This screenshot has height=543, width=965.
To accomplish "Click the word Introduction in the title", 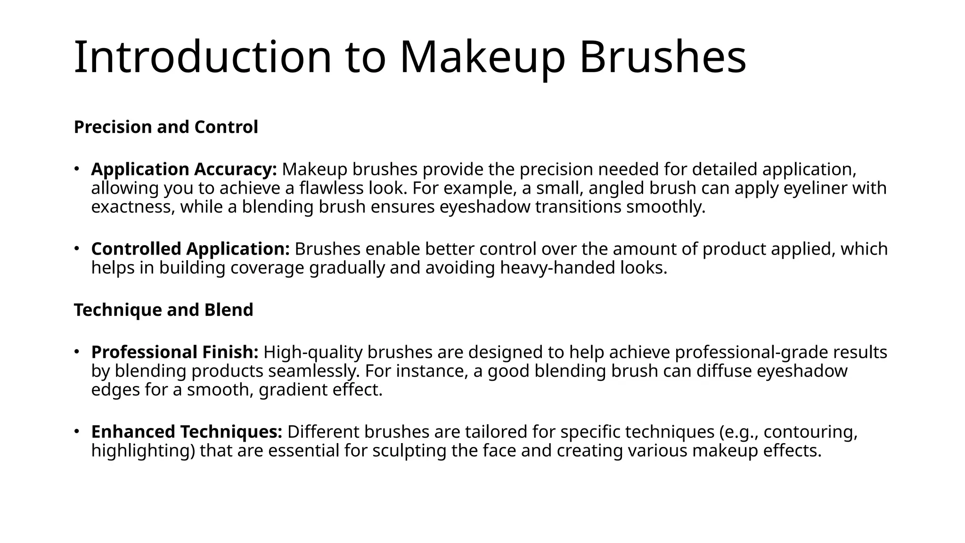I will pyautogui.click(x=203, y=57).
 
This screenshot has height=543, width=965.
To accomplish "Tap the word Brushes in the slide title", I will pyautogui.click(x=662, y=57).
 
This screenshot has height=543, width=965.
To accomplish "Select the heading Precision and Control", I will pyautogui.click(x=166, y=127).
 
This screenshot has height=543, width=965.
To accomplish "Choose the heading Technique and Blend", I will pyautogui.click(x=164, y=310).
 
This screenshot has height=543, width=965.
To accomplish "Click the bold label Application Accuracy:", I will pyautogui.click(x=184, y=169).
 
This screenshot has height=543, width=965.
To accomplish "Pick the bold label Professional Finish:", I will pyautogui.click(x=175, y=353).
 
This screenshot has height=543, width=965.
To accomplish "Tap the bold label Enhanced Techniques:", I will pyautogui.click(x=187, y=432).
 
